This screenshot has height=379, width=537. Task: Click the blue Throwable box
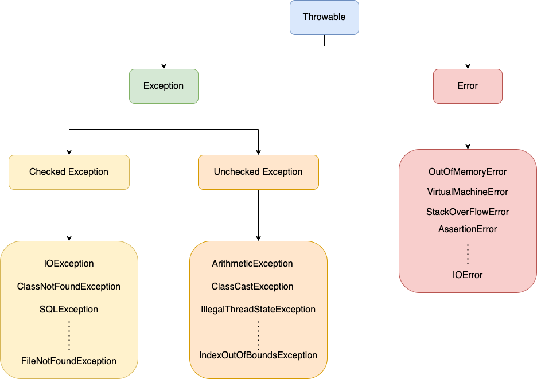coord(324,17)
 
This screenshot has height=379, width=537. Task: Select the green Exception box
coord(164,86)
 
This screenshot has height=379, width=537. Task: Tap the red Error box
coord(468,86)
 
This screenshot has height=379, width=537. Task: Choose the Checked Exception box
coord(69,172)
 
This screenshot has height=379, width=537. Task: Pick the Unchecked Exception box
coord(258,172)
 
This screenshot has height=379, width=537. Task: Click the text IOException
coord(69,264)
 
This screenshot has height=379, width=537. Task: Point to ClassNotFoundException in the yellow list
coord(69,287)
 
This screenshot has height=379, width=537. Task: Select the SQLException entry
coord(69,310)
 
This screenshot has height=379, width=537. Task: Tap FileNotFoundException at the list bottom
coord(69,361)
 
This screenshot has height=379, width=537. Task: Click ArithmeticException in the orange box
coord(252,264)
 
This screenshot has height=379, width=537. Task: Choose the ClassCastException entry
coord(252,287)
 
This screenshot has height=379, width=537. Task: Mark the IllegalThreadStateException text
coord(258,310)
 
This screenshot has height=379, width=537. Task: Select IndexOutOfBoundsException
coord(258,355)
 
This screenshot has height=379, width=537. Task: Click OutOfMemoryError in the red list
coord(468,172)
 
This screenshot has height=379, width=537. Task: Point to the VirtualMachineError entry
coord(468,192)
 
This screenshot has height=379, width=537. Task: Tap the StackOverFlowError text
coord(468,212)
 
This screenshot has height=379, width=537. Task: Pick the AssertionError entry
coord(468,229)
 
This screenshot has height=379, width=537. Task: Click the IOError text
coord(468,275)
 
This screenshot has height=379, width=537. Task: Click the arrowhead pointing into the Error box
coord(468,65)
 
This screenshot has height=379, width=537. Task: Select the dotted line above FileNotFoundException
coord(69,335)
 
